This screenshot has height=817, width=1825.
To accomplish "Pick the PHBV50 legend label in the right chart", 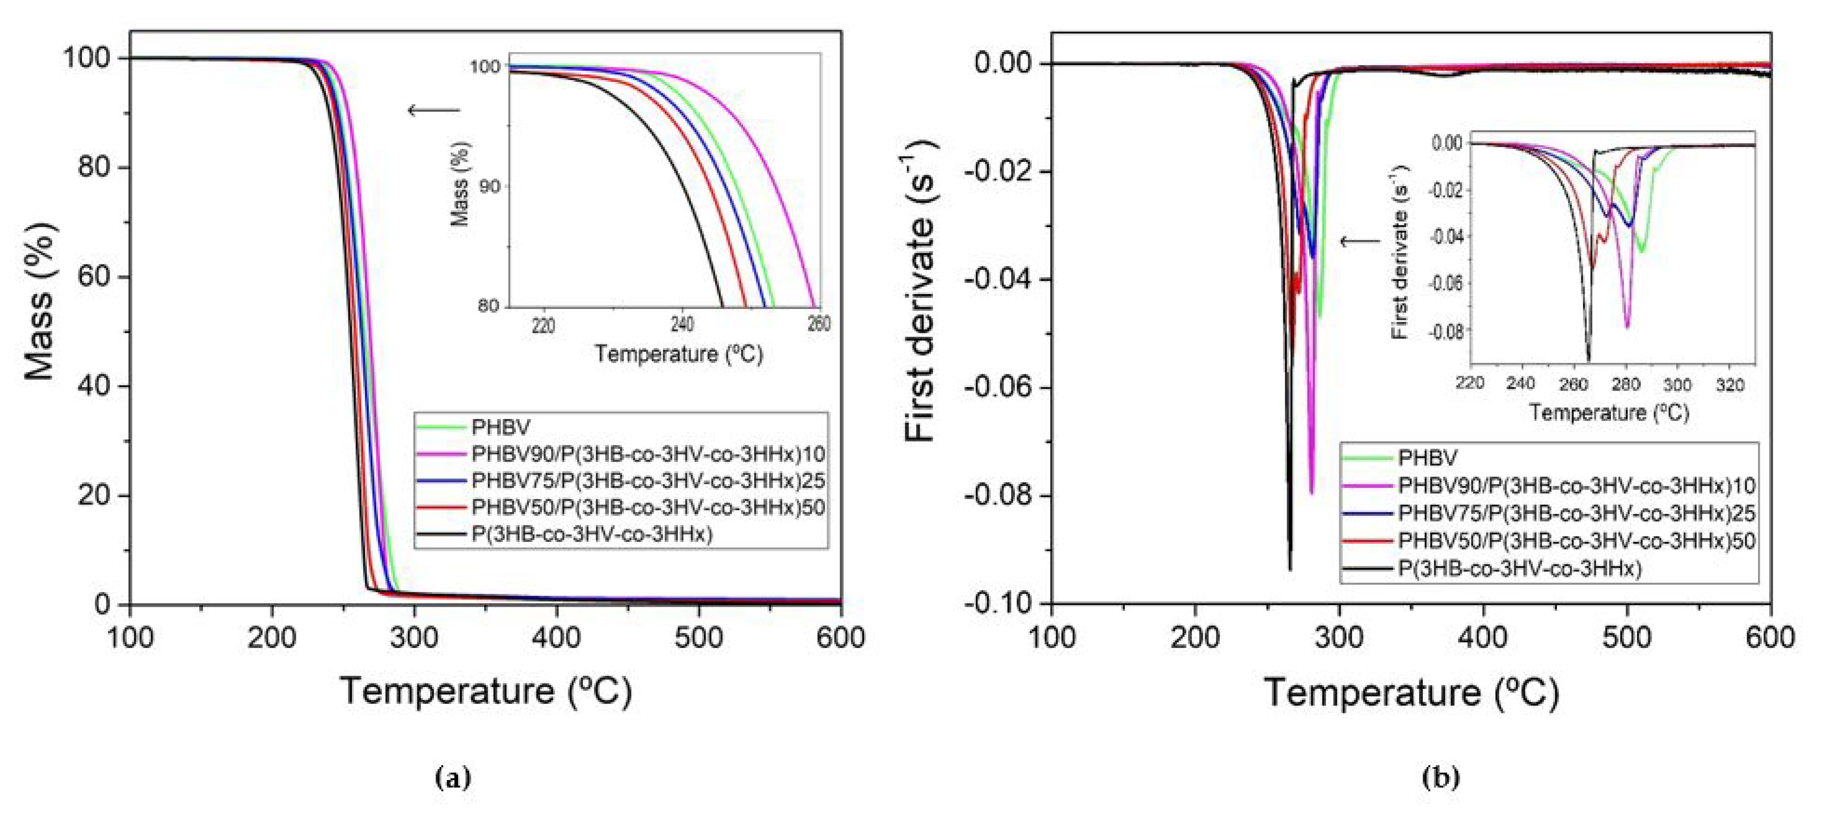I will (x=1576, y=541).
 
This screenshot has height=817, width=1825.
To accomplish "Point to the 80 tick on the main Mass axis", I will (x=96, y=168).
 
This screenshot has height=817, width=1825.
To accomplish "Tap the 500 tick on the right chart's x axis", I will (x=1627, y=638).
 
